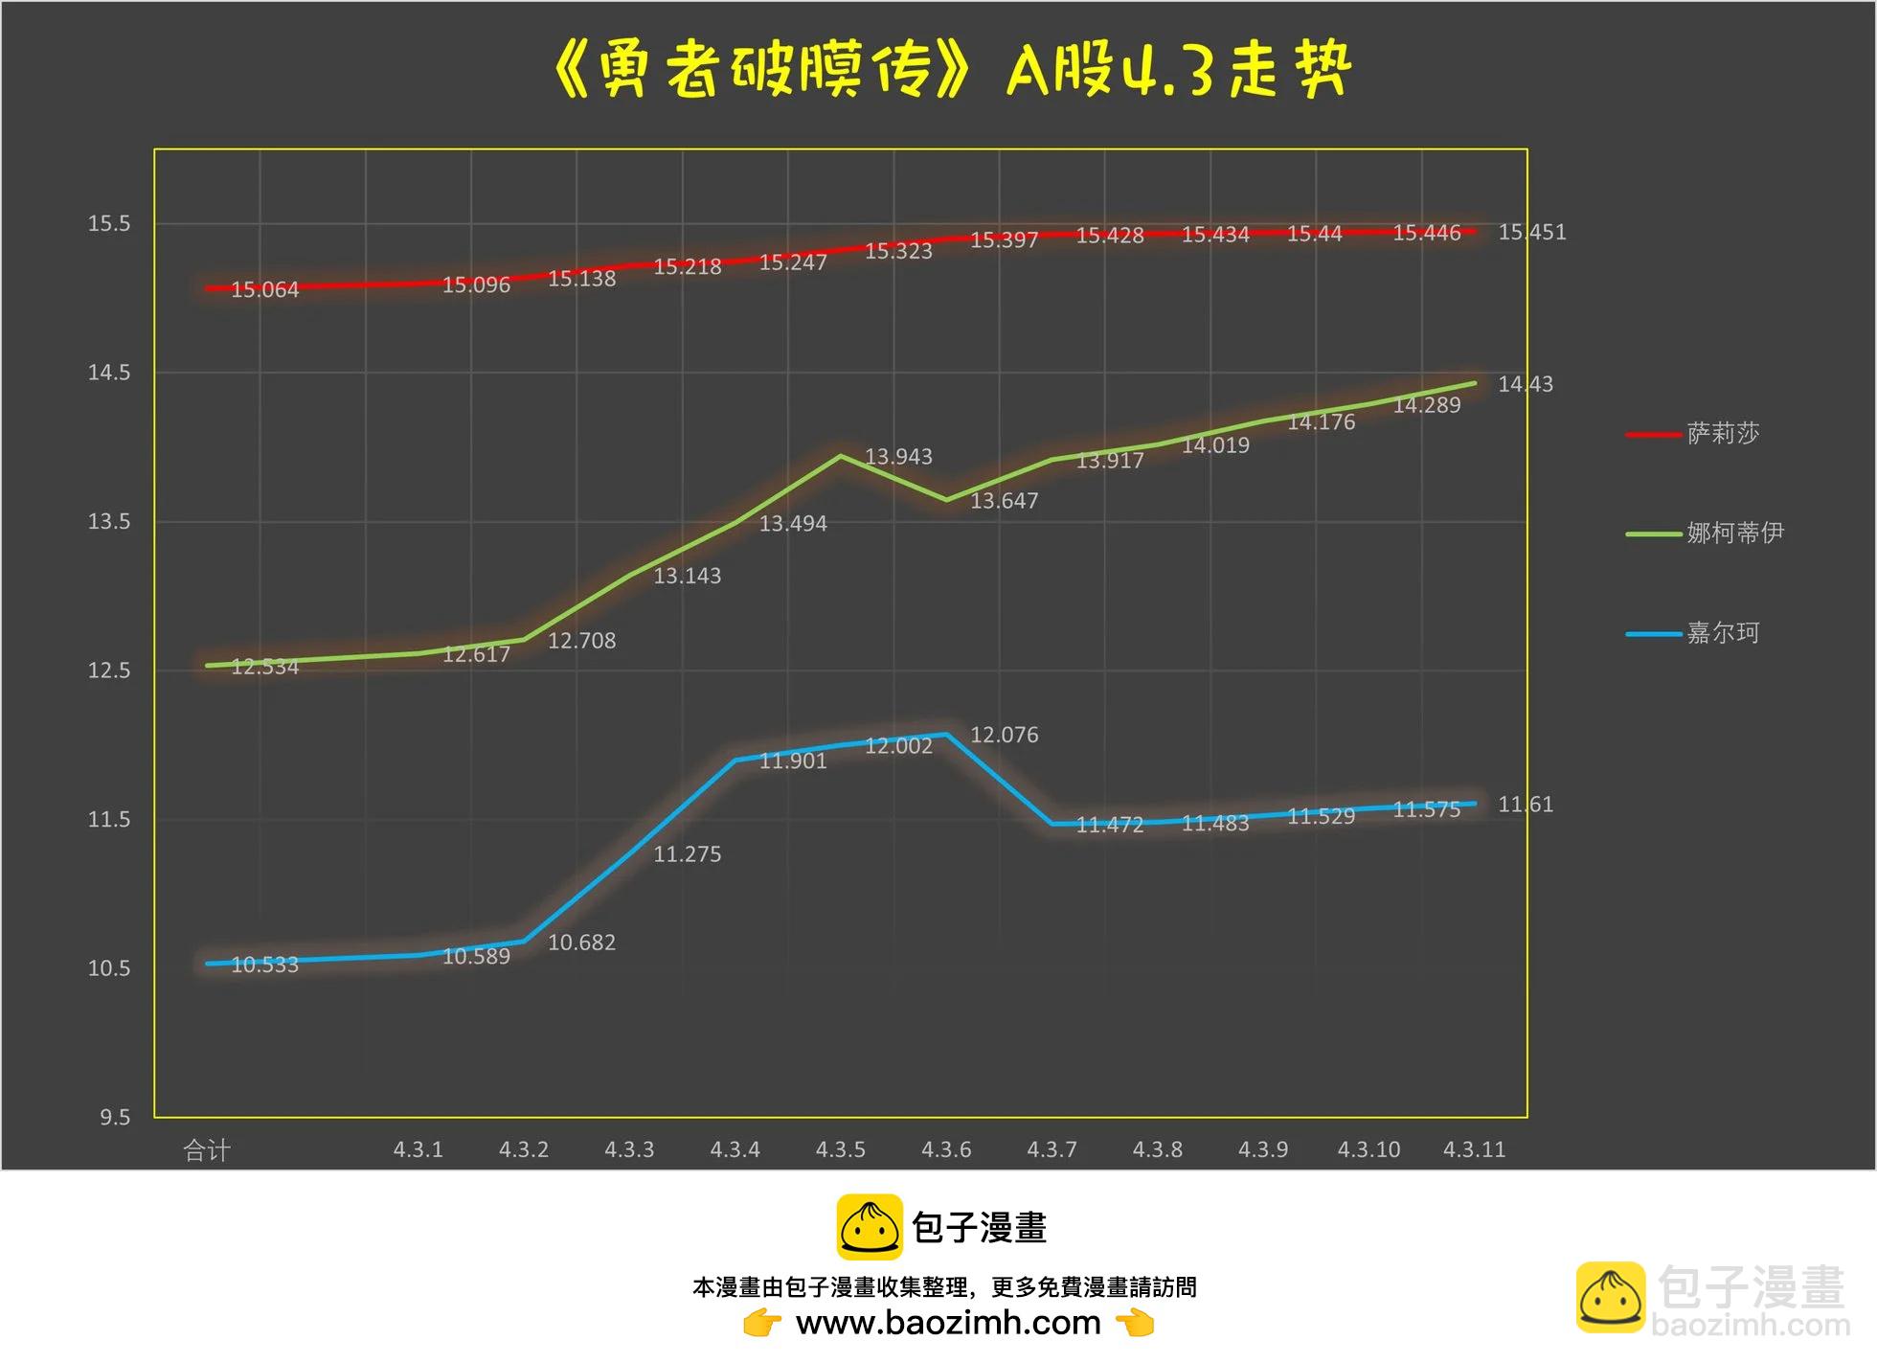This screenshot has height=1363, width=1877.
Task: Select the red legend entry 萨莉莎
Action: [x=1722, y=434]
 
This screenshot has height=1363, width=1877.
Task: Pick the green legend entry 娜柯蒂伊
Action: [x=1733, y=533]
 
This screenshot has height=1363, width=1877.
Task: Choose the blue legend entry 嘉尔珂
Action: [x=1722, y=633]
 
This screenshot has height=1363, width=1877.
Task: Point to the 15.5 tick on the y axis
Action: [x=109, y=224]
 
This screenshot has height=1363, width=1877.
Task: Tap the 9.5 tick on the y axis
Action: [x=115, y=1118]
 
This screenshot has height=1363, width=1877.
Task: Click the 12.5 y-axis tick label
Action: [x=109, y=670]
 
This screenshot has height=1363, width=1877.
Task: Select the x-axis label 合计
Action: [x=207, y=1150]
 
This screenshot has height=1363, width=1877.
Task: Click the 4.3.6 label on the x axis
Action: [x=946, y=1149]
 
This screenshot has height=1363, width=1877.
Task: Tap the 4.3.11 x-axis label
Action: [x=1474, y=1149]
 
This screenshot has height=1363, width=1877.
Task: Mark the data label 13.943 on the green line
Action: [x=898, y=457]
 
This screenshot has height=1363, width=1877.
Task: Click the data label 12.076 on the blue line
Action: [x=1004, y=735]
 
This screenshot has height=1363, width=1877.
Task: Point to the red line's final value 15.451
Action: [x=1531, y=233]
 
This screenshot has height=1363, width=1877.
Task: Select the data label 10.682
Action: [x=581, y=943]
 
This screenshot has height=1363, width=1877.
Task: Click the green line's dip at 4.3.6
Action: [x=946, y=500]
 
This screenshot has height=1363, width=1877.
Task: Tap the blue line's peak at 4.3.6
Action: [x=946, y=735]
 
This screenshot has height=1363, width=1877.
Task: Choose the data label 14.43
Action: [x=1525, y=384]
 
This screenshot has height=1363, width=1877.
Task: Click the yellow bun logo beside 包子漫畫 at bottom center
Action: [x=869, y=1226]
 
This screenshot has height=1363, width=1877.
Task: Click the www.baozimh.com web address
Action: [x=948, y=1323]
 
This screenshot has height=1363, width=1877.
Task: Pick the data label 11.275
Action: [x=687, y=854]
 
